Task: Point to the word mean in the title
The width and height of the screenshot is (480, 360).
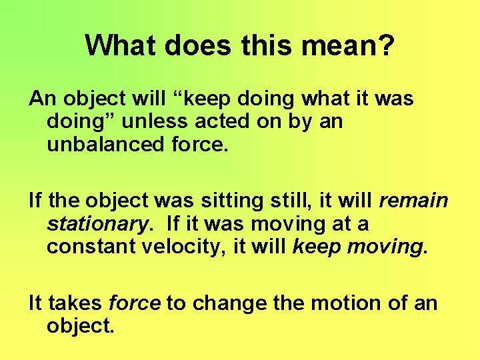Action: click(x=338, y=46)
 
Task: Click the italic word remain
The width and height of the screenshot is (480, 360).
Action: click(x=413, y=201)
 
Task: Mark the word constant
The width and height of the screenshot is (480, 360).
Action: click(x=87, y=246)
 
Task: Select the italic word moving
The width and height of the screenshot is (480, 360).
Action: click(x=387, y=247)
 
